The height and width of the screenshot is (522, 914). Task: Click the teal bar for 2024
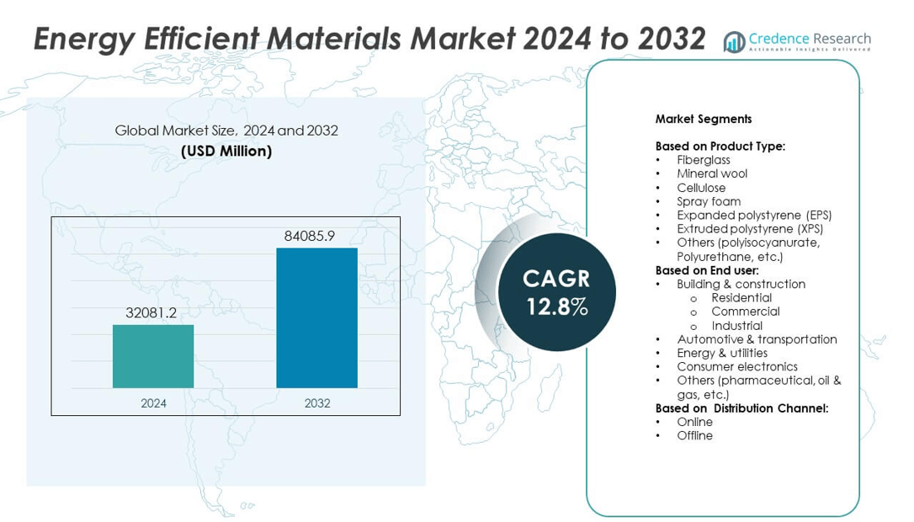pyautogui.click(x=153, y=356)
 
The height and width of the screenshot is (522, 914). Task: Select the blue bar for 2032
pyautogui.click(x=316, y=317)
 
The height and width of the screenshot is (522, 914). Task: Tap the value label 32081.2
pyautogui.click(x=151, y=312)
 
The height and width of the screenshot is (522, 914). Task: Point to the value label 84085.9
pyautogui.click(x=310, y=236)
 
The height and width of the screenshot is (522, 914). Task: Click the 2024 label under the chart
pyautogui.click(x=153, y=403)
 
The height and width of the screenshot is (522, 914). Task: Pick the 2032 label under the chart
pyautogui.click(x=316, y=403)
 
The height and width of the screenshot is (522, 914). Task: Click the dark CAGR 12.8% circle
pyautogui.click(x=556, y=291)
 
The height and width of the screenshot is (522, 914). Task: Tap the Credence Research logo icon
pyautogui.click(x=735, y=41)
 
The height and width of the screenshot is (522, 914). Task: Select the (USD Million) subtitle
pyautogui.click(x=226, y=152)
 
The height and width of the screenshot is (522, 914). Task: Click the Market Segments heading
pyautogui.click(x=703, y=119)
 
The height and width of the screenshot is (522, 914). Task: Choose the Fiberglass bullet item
pyautogui.click(x=703, y=160)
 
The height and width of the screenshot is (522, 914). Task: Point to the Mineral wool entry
pyautogui.click(x=712, y=173)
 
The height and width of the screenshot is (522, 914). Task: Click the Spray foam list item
pyautogui.click(x=709, y=201)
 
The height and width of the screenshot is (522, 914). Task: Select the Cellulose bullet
pyautogui.click(x=701, y=188)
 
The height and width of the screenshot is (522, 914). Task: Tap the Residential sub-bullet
pyautogui.click(x=741, y=297)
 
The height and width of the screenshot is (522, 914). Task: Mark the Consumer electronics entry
pyautogui.click(x=737, y=366)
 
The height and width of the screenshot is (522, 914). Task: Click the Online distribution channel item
pyautogui.click(x=694, y=422)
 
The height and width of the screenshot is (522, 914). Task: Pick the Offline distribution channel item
pyautogui.click(x=694, y=435)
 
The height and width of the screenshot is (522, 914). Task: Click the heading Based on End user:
pyautogui.click(x=707, y=270)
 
